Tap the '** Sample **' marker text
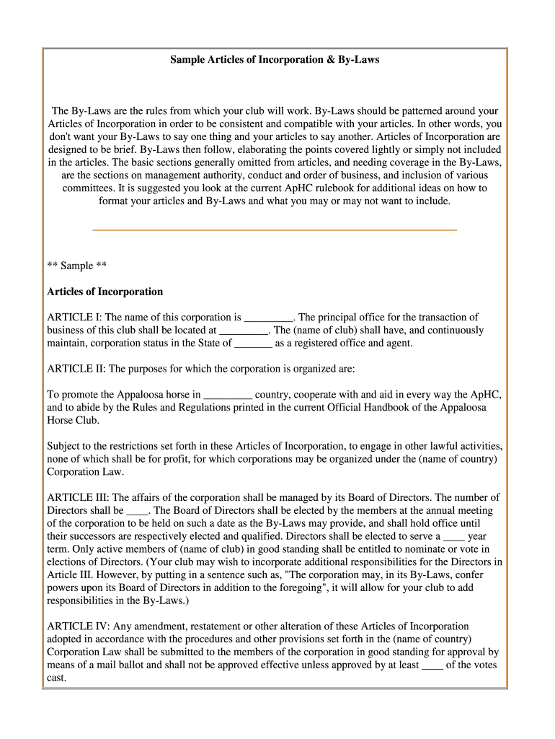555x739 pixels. (77, 266)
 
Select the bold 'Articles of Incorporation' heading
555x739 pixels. (105, 292)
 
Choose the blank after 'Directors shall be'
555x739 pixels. (137, 512)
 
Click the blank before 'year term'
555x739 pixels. (453, 538)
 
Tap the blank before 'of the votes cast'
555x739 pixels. (432, 666)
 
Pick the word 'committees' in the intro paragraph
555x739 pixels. (88, 188)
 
